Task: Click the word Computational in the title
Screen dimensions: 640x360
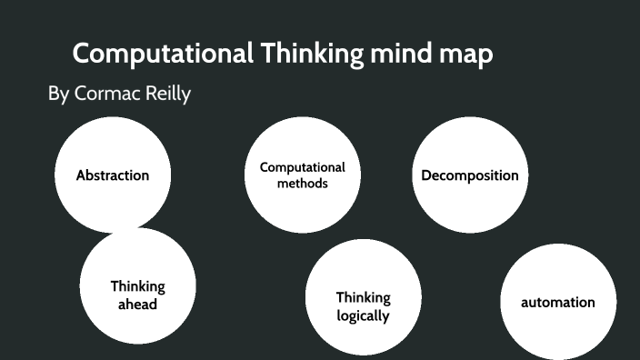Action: (x=163, y=54)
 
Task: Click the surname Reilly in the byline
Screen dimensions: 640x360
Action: (x=166, y=94)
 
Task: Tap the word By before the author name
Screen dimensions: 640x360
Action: (x=57, y=94)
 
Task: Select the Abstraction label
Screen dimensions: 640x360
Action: (x=113, y=175)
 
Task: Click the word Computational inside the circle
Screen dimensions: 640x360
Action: (x=303, y=167)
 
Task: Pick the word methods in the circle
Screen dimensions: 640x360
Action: (x=303, y=183)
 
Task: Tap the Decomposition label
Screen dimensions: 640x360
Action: (x=470, y=175)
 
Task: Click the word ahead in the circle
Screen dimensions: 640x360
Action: (x=138, y=304)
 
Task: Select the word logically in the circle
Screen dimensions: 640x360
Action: (x=363, y=316)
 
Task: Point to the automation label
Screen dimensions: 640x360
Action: (x=557, y=302)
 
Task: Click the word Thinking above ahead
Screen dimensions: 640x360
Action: (x=138, y=286)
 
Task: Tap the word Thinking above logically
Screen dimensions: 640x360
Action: (x=363, y=297)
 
